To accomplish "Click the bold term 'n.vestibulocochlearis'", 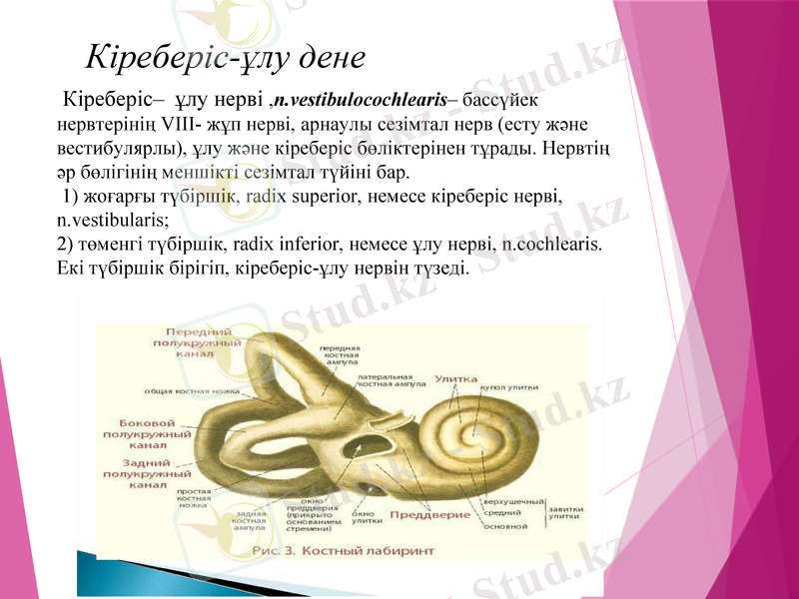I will [x=361, y=100].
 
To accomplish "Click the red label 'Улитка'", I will [x=456, y=379].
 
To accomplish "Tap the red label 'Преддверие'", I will [x=429, y=515].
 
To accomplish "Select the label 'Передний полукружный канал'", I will [x=200, y=340].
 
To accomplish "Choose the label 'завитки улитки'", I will [x=565, y=512].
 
